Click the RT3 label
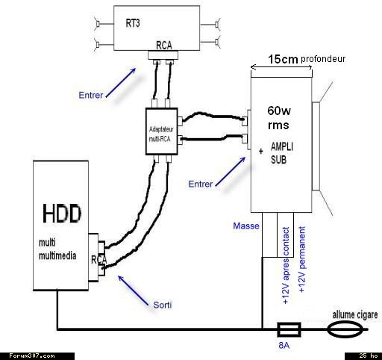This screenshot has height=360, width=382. (133, 23)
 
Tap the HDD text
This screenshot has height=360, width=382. (62, 214)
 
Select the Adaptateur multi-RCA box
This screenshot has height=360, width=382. (161, 131)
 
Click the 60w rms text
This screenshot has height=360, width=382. (279, 118)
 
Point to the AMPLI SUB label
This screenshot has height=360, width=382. (282, 153)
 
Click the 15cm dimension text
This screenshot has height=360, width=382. (283, 59)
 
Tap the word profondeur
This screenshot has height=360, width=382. (323, 59)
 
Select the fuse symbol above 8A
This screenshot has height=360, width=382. (289, 329)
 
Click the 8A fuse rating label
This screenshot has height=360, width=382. (284, 345)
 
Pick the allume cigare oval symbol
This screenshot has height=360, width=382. (345, 329)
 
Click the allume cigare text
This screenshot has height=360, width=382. (355, 315)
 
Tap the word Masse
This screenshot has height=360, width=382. (246, 226)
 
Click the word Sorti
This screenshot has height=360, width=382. (163, 305)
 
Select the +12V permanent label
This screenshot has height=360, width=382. (301, 259)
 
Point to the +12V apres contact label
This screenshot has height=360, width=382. (286, 265)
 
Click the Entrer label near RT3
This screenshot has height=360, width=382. (91, 95)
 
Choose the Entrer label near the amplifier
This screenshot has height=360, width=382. (201, 184)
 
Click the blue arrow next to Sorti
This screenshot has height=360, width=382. (134, 291)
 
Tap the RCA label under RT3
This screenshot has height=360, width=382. (164, 46)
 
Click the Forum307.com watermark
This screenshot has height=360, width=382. (32, 356)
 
